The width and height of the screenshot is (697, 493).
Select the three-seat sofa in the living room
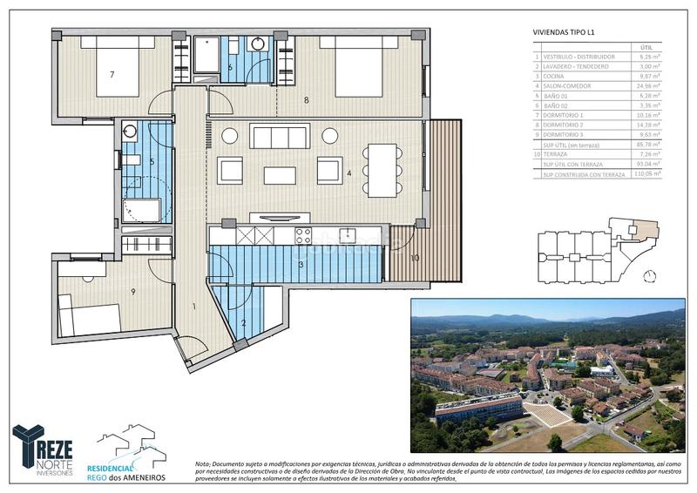279,137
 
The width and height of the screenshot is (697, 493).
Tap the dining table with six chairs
382,168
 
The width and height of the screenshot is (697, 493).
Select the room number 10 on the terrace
415,257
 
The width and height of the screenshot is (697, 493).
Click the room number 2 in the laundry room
244,323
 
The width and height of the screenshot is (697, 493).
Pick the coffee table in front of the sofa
280,175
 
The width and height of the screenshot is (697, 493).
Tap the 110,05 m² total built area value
646,173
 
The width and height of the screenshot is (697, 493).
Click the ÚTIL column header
646,48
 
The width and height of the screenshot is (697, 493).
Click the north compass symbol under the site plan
649,276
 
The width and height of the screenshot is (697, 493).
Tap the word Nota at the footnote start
203,465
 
